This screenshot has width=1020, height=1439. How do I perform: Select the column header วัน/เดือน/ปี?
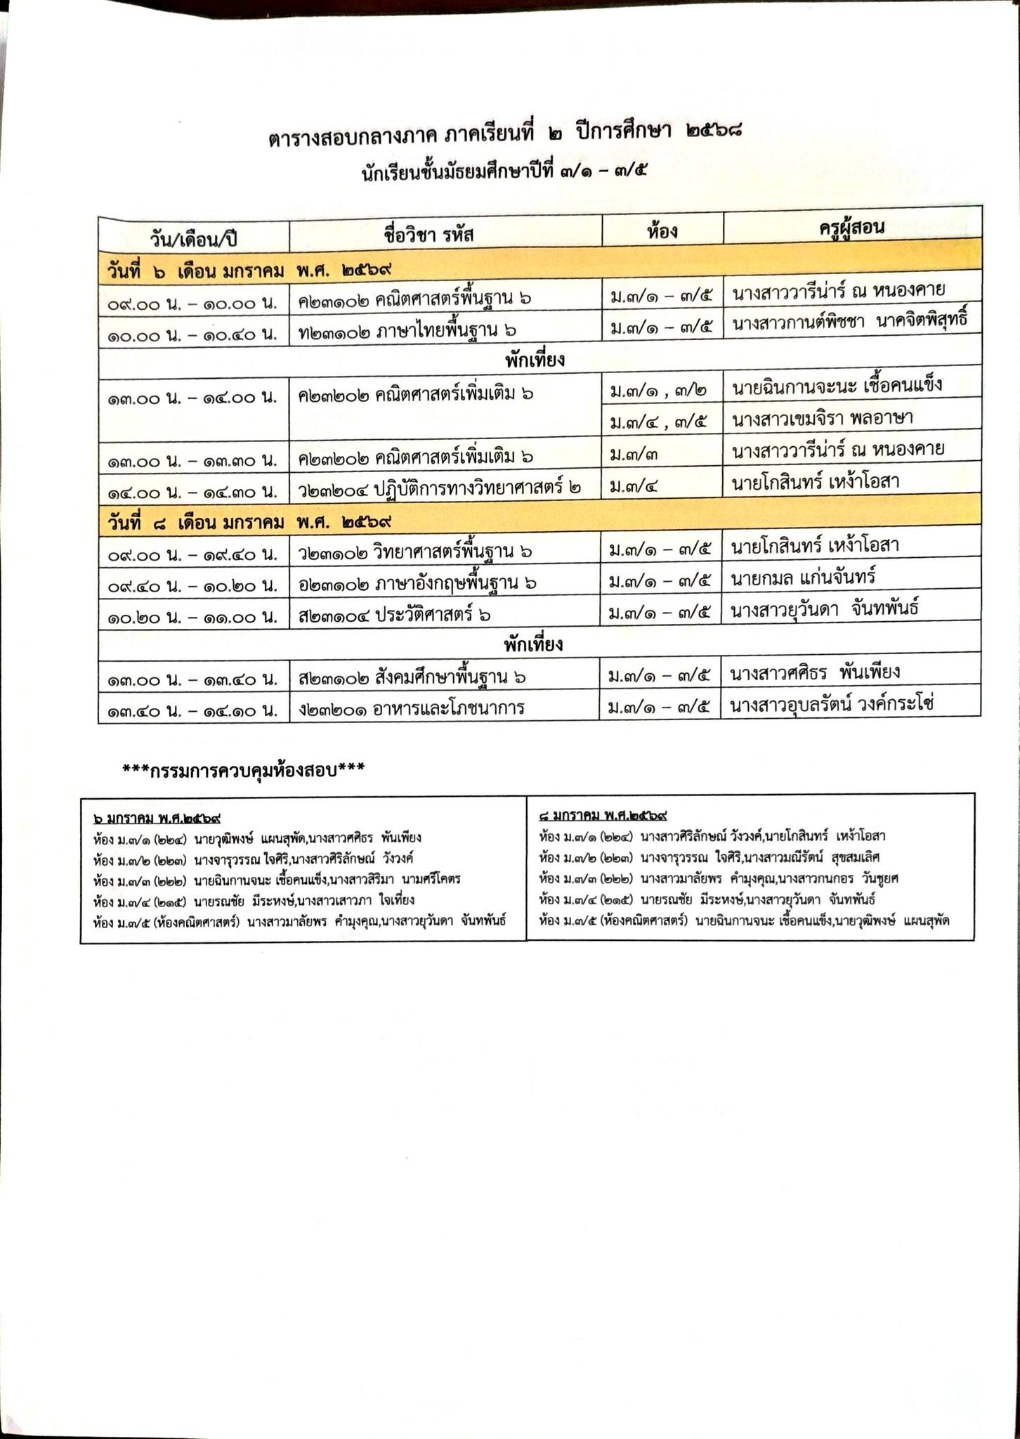pyautogui.click(x=194, y=237)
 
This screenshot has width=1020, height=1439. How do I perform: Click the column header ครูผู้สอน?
pyautogui.click(x=851, y=228)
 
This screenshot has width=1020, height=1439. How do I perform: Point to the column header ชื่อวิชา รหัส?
pyautogui.click(x=429, y=233)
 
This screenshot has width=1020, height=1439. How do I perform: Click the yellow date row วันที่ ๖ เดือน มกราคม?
pyautogui.click(x=250, y=271)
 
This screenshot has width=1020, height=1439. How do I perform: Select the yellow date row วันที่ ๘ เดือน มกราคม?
pyautogui.click(x=250, y=523)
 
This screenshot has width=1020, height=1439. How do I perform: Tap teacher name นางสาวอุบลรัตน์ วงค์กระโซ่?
pyautogui.click(x=832, y=704)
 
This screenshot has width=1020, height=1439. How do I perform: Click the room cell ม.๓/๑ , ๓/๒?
pyautogui.click(x=659, y=388)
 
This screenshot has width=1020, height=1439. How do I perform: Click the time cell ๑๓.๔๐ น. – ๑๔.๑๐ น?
pyautogui.click(x=192, y=711)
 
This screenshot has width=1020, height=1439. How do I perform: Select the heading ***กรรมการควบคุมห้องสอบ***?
pyautogui.click(x=244, y=770)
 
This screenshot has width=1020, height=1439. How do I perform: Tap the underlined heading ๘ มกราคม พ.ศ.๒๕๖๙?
pyautogui.click(x=603, y=816)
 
